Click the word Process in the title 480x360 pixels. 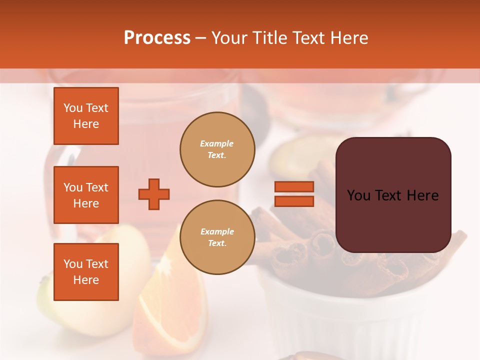157,38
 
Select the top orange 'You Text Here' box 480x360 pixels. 86,116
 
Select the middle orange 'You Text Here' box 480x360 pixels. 86,195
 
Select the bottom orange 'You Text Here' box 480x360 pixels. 86,272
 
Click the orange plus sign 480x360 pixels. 154,194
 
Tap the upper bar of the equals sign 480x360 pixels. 294,187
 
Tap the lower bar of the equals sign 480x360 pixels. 294,201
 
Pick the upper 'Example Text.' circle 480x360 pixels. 217,149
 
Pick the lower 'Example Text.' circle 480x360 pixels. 217,237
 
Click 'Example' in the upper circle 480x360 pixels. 216,143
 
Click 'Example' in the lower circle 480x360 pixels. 217,231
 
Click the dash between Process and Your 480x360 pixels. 200,38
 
